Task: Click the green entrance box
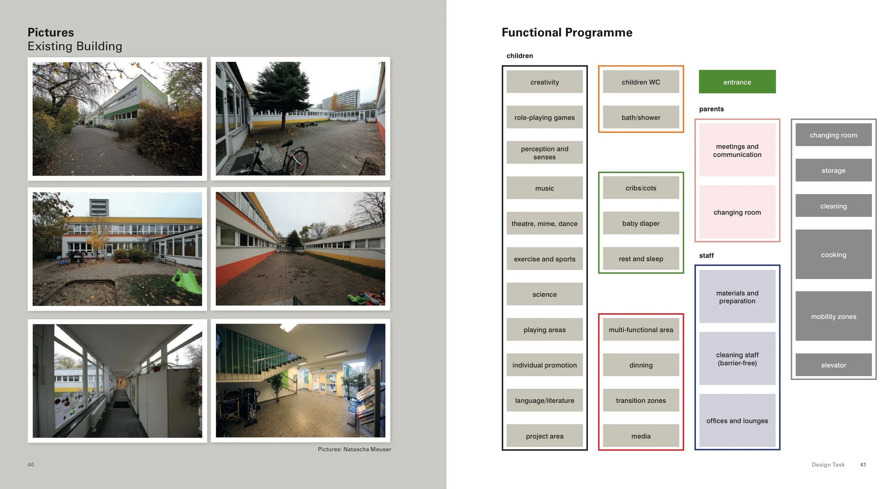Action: pyautogui.click(x=737, y=82)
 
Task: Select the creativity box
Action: pyautogui.click(x=544, y=82)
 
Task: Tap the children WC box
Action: pyautogui.click(x=641, y=82)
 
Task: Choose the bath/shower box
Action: pyautogui.click(x=641, y=117)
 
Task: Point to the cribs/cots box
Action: pyautogui.click(x=641, y=188)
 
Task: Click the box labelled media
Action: pyautogui.click(x=641, y=436)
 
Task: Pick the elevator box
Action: pyautogui.click(x=833, y=365)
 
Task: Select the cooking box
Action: pyautogui.click(x=833, y=254)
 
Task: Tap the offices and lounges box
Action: pyautogui.click(x=737, y=420)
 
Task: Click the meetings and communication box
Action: pyautogui.click(x=737, y=150)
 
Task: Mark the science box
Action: pyautogui.click(x=544, y=294)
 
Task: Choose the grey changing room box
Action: pyautogui.click(x=833, y=135)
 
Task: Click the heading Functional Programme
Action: pyautogui.click(x=567, y=33)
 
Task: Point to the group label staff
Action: pyautogui.click(x=706, y=255)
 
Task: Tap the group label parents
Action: pyautogui.click(x=711, y=109)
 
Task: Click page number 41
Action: pyautogui.click(x=863, y=464)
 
